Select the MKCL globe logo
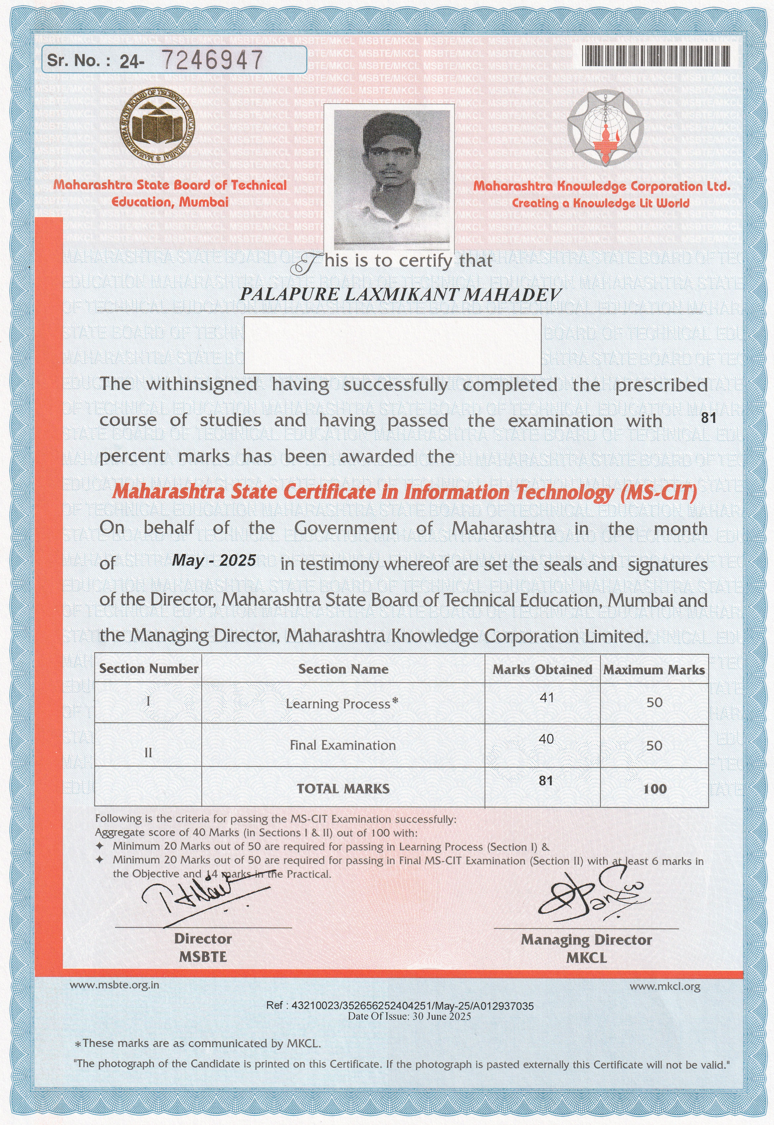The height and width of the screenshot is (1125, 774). click(606, 128)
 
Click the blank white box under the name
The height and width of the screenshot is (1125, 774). click(392, 345)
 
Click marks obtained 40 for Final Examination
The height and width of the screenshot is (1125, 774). click(546, 739)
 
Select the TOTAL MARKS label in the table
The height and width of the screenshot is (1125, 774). click(343, 789)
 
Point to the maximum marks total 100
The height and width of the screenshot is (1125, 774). click(655, 789)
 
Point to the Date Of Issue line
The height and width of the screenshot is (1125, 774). click(409, 1017)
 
